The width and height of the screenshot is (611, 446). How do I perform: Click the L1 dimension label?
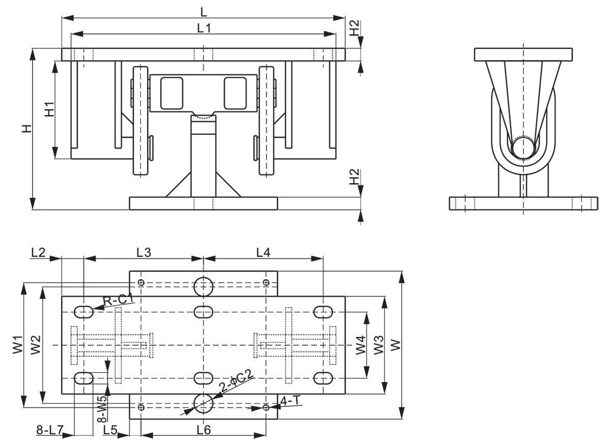204,29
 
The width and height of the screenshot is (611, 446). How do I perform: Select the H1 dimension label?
49,109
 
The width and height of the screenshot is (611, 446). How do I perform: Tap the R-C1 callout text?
118,301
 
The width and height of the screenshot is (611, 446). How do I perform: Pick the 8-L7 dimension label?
49,430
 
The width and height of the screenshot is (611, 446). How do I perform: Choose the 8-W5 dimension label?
102,409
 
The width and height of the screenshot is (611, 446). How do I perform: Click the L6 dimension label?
203,430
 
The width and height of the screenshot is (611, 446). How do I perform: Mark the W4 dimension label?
360,345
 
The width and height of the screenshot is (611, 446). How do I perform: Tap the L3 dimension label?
144,251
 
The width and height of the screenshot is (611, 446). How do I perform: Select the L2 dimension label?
39,251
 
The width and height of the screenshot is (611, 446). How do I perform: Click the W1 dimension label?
18,345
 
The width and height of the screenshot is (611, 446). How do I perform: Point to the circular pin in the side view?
524,148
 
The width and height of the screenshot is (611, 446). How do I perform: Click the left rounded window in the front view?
172,93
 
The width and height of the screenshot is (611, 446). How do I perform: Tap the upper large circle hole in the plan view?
204,286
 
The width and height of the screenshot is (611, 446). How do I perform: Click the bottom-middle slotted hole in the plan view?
204,378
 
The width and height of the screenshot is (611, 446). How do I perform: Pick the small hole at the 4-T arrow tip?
266,407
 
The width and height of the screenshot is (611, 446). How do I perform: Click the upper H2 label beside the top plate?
355,28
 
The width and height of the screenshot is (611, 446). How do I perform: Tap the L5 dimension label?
110,430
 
